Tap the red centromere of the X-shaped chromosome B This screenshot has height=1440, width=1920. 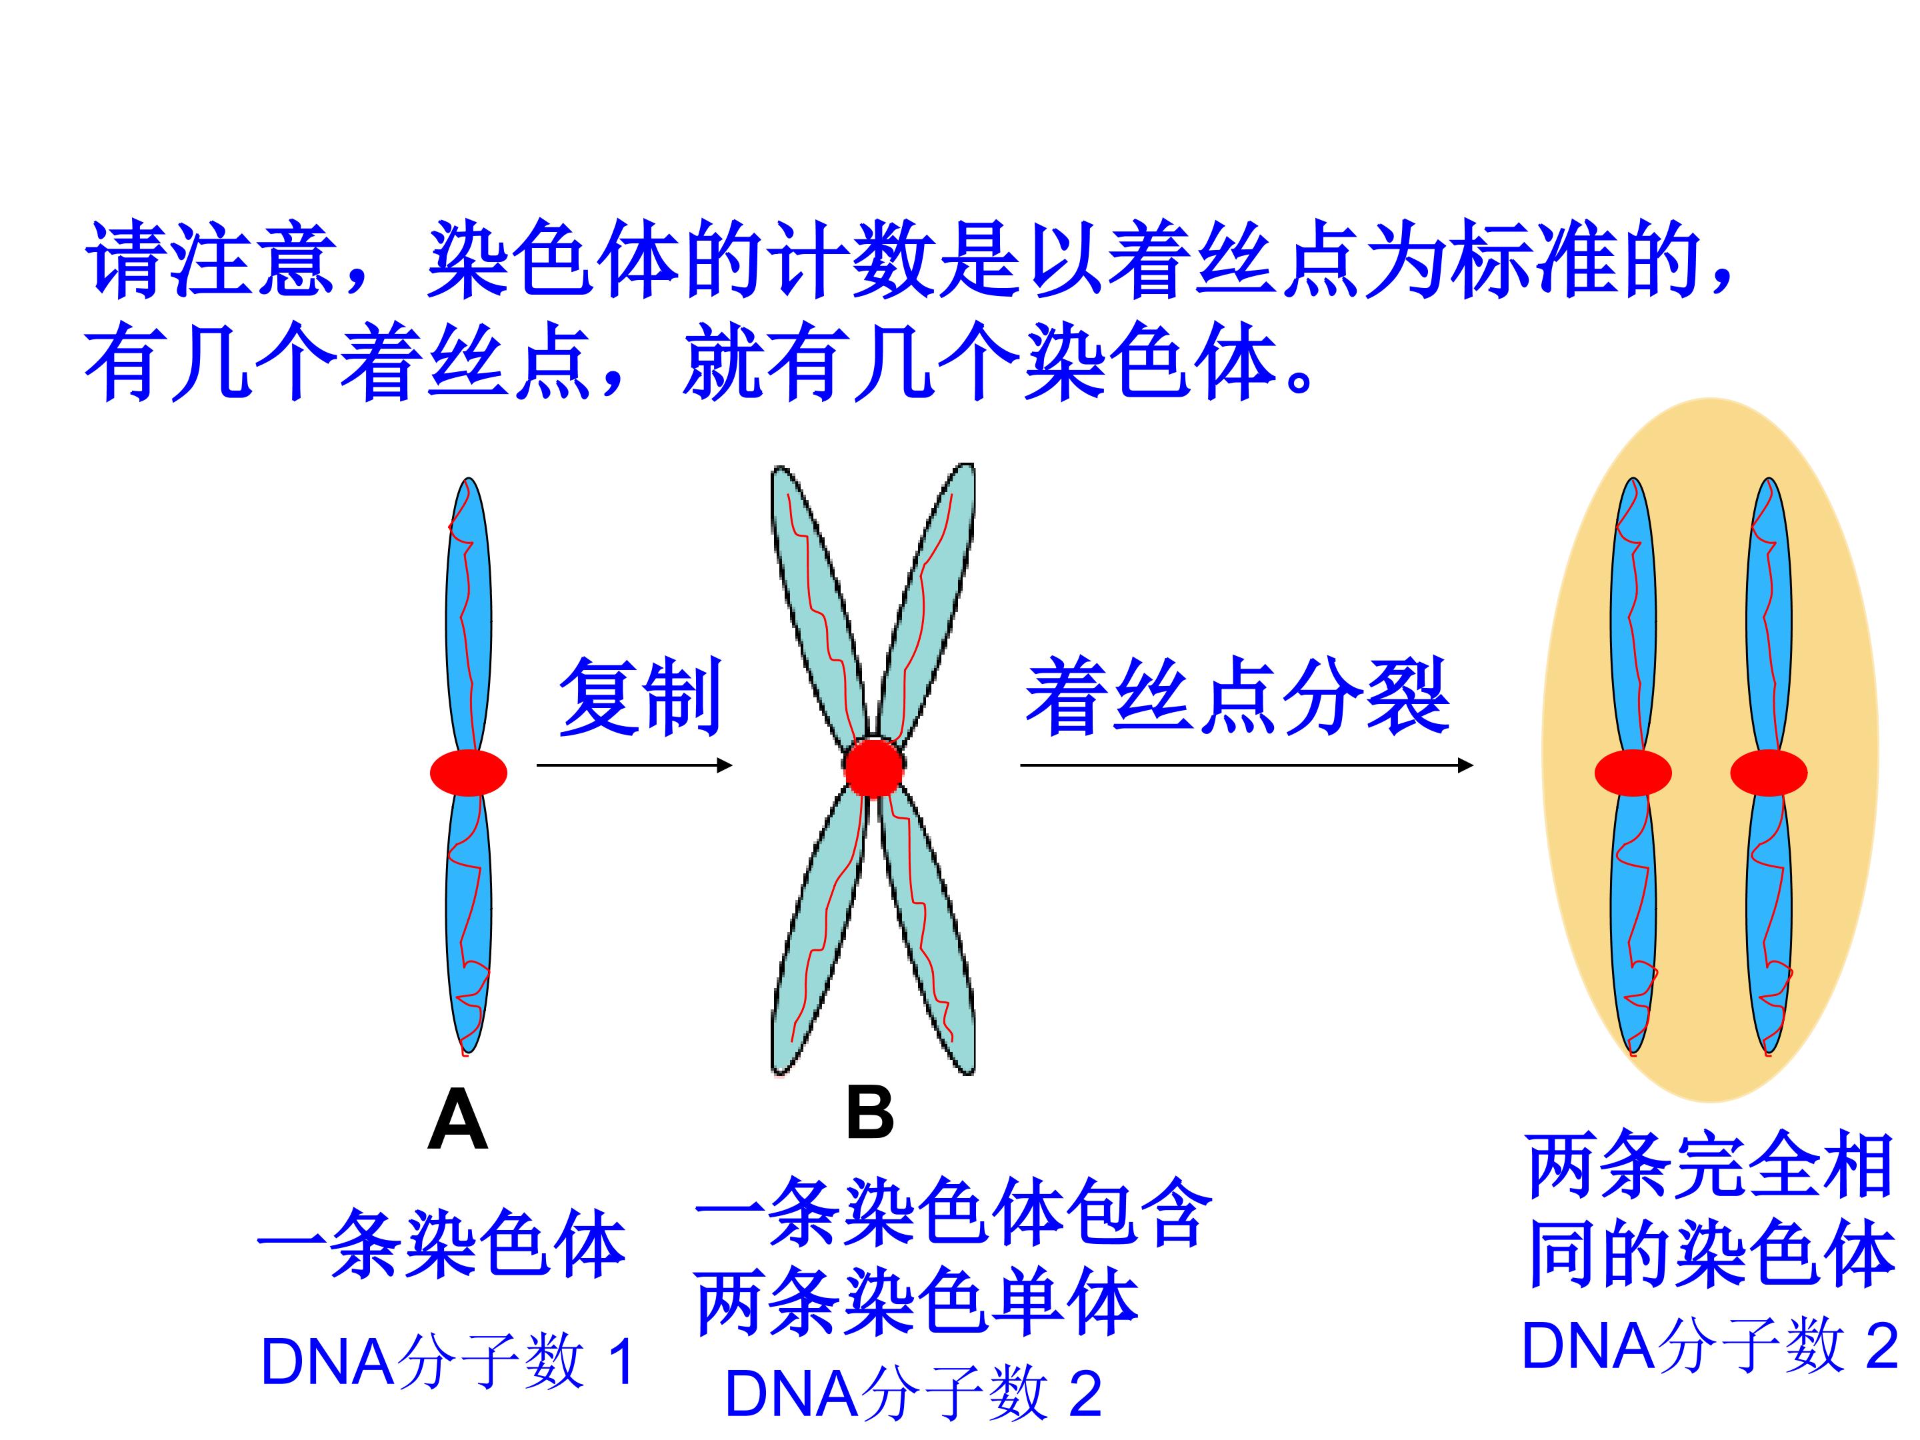(x=874, y=767)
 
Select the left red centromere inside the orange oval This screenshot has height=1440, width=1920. (x=1633, y=773)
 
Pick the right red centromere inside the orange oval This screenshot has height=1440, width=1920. (x=1769, y=773)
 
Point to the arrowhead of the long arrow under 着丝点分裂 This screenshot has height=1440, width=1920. (x=1465, y=765)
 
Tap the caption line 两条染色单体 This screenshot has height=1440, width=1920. (x=917, y=1302)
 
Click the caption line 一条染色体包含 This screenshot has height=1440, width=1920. (x=953, y=1213)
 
